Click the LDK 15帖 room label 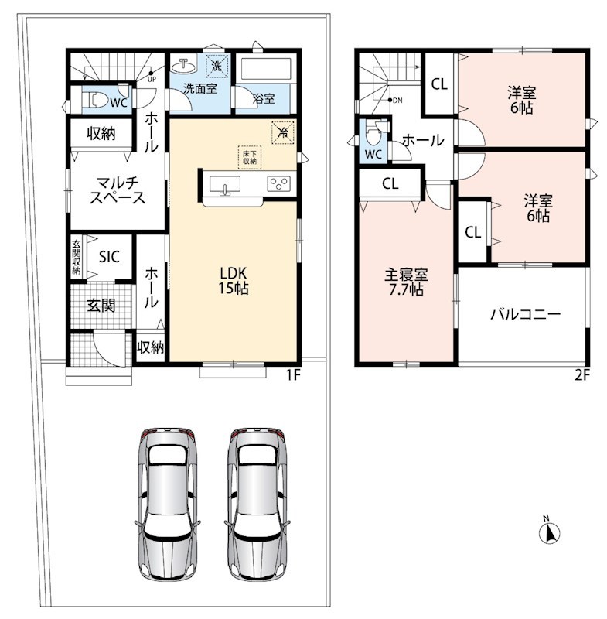coord(234,281)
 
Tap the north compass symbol coord(550,530)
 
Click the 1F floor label coord(293,374)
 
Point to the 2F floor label coord(581,374)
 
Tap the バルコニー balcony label coord(525,315)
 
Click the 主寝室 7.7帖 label coord(406,282)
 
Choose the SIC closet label coord(109,257)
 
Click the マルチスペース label coord(118,190)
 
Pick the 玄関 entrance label coord(101,305)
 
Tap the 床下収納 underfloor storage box coord(250,158)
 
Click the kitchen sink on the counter coord(225,185)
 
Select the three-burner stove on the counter coord(279,183)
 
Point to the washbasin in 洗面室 coord(184,67)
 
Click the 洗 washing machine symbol coord(217,66)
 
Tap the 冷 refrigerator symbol coord(283,132)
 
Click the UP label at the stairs coord(152,79)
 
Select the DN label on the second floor coord(397,101)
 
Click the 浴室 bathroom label coord(264,98)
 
